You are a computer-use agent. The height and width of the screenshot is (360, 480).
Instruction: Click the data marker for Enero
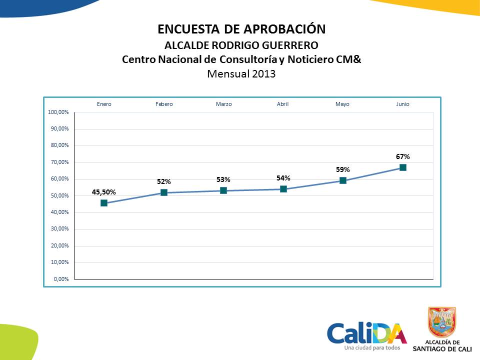104,203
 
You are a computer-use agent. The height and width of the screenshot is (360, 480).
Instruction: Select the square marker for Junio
403,167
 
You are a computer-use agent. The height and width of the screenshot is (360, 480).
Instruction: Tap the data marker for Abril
283,189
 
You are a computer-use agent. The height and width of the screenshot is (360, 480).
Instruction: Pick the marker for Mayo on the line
343,180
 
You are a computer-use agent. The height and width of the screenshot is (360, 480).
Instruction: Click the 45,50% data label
104,192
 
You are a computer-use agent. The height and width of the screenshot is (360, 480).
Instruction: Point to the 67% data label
403,157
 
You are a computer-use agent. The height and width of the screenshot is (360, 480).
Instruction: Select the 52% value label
164,182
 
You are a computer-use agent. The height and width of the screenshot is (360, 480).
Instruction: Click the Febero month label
164,104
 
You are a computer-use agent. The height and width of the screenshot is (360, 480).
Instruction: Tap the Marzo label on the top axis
223,104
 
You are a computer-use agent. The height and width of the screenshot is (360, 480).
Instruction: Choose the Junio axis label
403,104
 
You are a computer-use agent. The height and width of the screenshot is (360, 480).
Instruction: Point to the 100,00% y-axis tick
58,112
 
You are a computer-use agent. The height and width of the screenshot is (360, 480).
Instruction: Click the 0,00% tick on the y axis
61,279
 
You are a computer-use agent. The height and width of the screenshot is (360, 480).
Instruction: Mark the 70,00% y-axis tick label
60,162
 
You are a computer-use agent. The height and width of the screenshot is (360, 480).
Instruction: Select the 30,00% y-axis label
60,229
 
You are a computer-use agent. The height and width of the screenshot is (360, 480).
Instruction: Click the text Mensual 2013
241,74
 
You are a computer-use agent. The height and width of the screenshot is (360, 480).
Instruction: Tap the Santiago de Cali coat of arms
442,322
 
